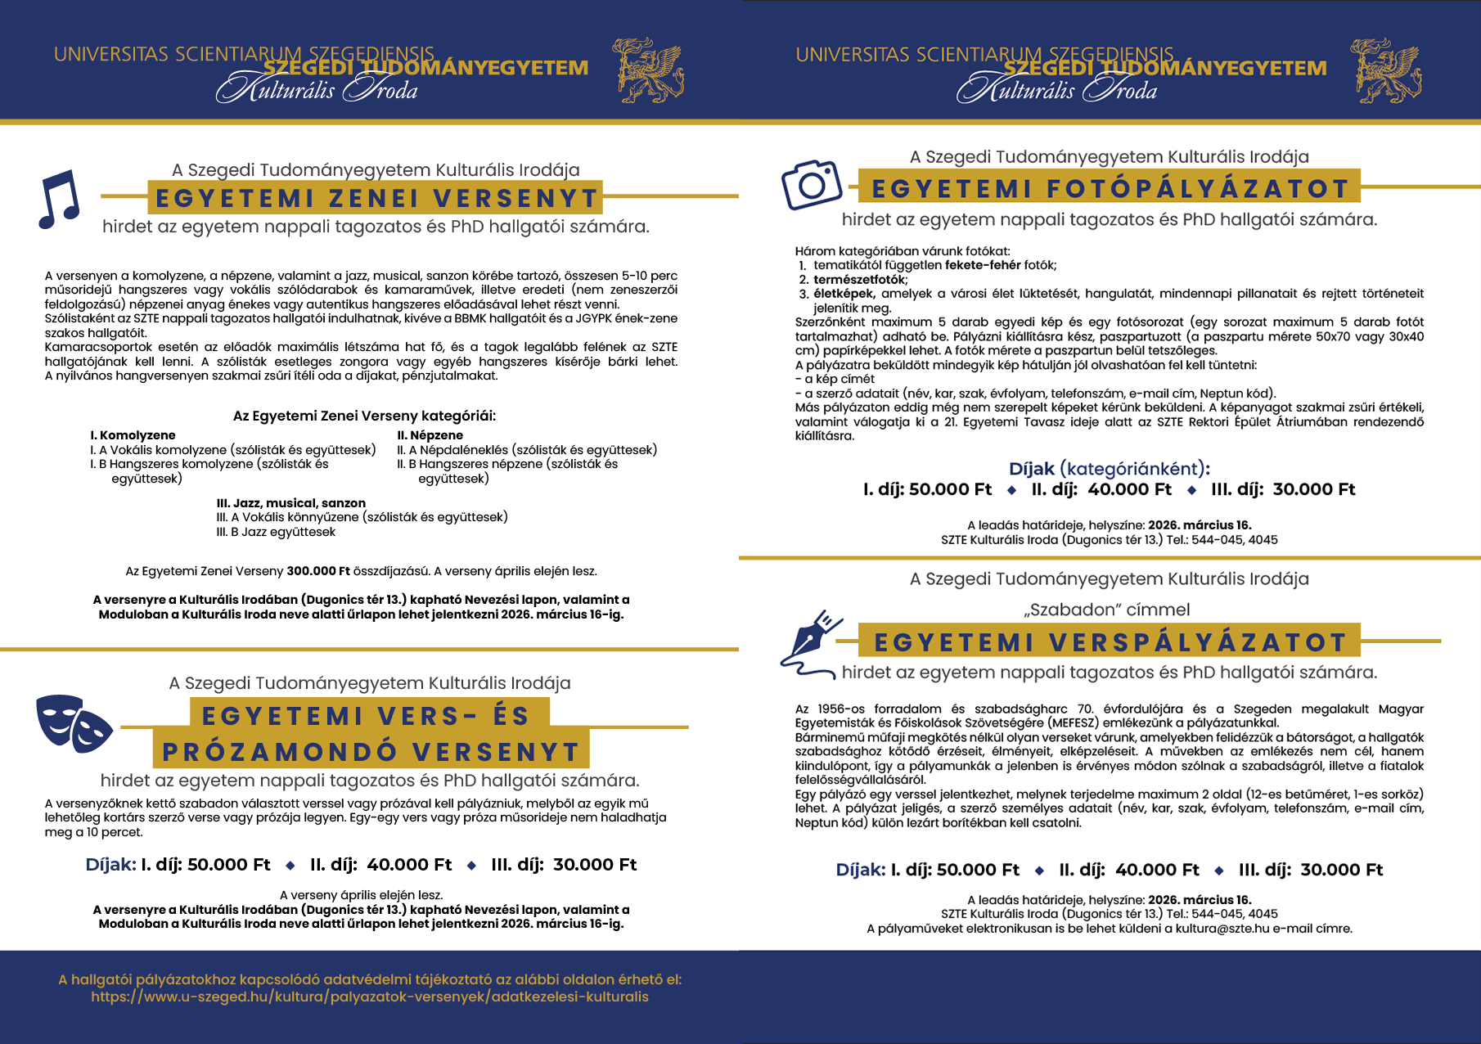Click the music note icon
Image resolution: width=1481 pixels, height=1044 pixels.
(x=59, y=199)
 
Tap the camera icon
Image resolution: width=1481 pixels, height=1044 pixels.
(x=811, y=185)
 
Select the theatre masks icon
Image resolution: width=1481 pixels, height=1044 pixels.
(x=74, y=723)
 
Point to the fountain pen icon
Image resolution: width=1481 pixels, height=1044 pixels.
(x=810, y=642)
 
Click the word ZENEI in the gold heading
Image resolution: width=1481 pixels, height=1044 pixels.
(x=374, y=199)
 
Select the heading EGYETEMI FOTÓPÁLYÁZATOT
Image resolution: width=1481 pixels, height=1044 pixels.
(x=1110, y=189)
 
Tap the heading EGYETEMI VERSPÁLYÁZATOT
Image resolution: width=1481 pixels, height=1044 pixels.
(x=1110, y=642)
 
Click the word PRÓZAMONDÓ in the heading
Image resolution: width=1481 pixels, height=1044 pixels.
(x=279, y=752)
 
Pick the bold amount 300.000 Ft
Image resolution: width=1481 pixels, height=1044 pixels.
(x=318, y=571)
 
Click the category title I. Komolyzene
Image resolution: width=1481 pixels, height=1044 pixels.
(x=133, y=435)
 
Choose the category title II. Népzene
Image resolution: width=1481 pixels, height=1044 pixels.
(x=430, y=435)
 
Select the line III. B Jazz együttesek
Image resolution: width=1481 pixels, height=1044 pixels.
(x=276, y=532)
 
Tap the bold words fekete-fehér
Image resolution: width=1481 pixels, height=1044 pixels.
(x=983, y=265)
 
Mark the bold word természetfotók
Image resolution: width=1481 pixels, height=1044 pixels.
(x=858, y=279)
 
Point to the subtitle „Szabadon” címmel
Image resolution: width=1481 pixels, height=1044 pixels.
(x=1110, y=610)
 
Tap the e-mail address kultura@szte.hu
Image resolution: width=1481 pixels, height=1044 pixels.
(x=1222, y=929)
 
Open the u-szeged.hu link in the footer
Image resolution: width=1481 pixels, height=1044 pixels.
(x=370, y=997)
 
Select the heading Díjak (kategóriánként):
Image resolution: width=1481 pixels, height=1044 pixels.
(x=1110, y=469)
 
